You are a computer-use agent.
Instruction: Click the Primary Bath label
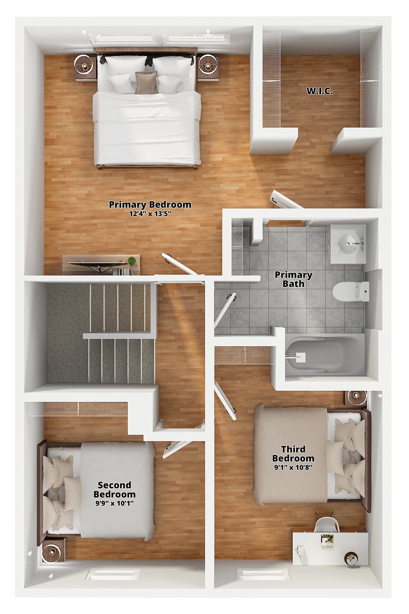293,279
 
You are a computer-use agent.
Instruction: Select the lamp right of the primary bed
208,63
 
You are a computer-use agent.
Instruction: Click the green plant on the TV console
132,260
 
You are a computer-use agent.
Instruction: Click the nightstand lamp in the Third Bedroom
356,403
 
